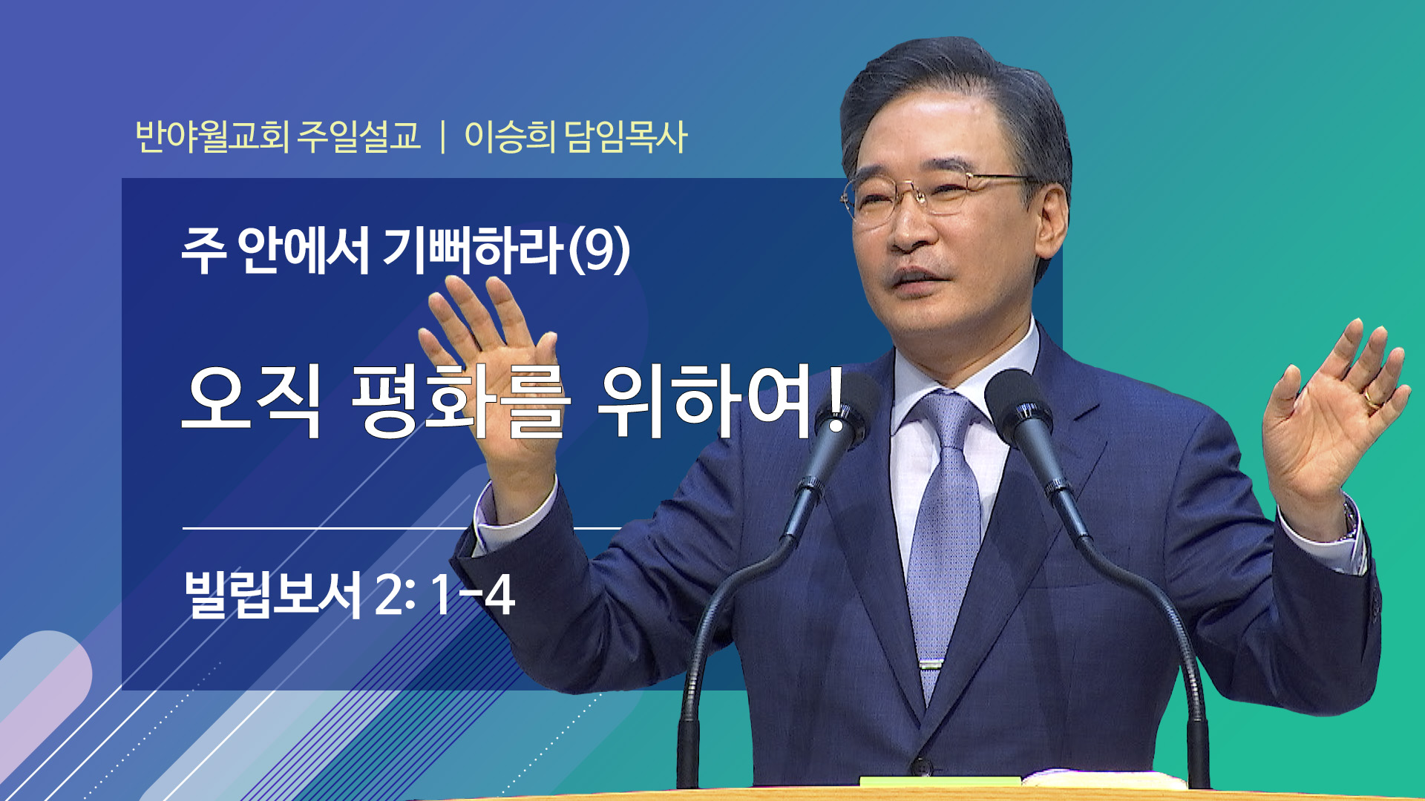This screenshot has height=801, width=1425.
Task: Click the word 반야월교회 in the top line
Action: (x=212, y=136)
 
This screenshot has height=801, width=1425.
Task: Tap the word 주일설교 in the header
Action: (x=359, y=136)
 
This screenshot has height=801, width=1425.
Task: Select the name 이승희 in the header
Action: (x=510, y=136)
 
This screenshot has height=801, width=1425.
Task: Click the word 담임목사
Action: (x=626, y=136)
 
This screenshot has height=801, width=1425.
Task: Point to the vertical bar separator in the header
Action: (x=443, y=137)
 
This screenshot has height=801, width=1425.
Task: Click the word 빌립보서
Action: (x=272, y=594)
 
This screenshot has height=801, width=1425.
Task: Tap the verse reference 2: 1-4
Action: (x=445, y=595)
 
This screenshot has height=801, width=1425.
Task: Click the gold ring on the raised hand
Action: (x=1372, y=401)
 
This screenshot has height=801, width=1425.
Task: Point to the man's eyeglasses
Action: (x=939, y=194)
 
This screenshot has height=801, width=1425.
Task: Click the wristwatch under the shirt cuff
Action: (x=1350, y=518)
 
